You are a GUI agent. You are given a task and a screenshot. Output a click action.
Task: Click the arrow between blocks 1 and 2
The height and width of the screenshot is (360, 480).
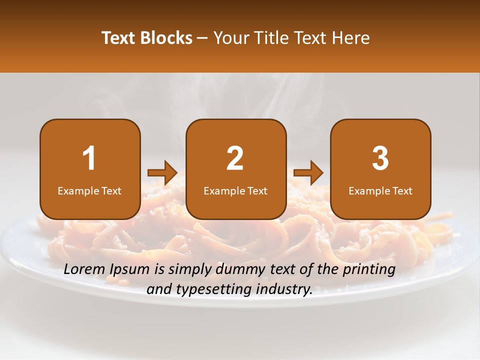point(162,173)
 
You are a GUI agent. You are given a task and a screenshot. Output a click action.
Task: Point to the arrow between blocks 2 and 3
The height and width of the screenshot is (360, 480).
point(308,173)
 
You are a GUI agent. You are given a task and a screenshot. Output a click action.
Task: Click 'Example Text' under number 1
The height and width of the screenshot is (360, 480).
point(89,191)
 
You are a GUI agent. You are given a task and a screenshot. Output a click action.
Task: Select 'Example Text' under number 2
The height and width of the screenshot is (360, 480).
point(235,191)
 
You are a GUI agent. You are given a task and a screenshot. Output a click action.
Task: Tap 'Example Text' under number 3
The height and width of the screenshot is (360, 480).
point(380,191)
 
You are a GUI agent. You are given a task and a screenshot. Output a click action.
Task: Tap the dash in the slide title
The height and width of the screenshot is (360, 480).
point(203,38)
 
